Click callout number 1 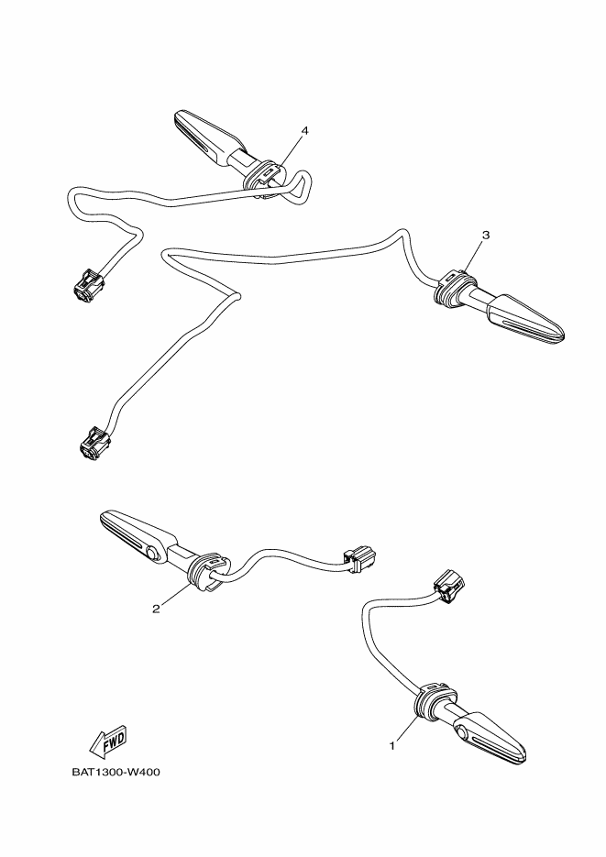coord(391,745)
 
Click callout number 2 coord(156,609)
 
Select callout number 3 coord(486,235)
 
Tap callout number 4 coord(305,131)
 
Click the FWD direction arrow coord(108,742)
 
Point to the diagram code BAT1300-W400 coord(116,773)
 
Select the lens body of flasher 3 coord(525,321)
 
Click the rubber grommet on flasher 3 coord(453,287)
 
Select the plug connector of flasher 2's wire coord(359,559)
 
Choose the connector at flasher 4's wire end coord(86,285)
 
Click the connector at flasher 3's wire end coord(95,441)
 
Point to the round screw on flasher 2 coord(152,555)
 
